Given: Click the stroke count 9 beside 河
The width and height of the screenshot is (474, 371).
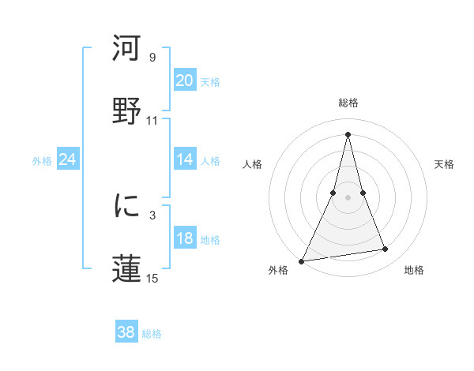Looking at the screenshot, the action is tap(152, 58).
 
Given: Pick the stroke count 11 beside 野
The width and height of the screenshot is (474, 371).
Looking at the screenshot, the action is tap(152, 121).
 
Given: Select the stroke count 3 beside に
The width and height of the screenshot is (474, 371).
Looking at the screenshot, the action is tap(152, 215).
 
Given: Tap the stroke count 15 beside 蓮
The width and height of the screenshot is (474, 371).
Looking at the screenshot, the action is tap(152, 278).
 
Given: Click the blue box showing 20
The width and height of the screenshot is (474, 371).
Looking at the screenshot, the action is tap(184, 80).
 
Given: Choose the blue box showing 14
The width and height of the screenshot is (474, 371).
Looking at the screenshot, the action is tap(184, 159).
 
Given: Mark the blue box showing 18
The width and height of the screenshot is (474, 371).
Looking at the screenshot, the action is tap(184, 238).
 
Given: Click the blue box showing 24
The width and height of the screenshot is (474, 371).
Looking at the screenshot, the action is tap(67, 159).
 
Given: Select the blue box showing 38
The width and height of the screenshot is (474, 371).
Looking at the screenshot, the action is tap(126, 332).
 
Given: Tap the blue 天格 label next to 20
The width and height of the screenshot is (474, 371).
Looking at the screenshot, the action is tap(209, 81).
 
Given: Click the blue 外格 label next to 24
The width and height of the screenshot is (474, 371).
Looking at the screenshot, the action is tap(42, 161).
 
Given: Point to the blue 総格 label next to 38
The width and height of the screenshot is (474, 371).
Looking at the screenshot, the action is tap(152, 334).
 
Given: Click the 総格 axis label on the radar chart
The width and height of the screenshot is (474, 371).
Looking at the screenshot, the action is tap(348, 103).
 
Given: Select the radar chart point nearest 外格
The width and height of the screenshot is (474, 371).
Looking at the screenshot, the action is tap(302, 260).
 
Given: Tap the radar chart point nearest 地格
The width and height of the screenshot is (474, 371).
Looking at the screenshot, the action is tap(386, 249).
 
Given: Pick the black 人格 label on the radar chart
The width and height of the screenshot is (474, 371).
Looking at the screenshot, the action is tap(253, 164).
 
